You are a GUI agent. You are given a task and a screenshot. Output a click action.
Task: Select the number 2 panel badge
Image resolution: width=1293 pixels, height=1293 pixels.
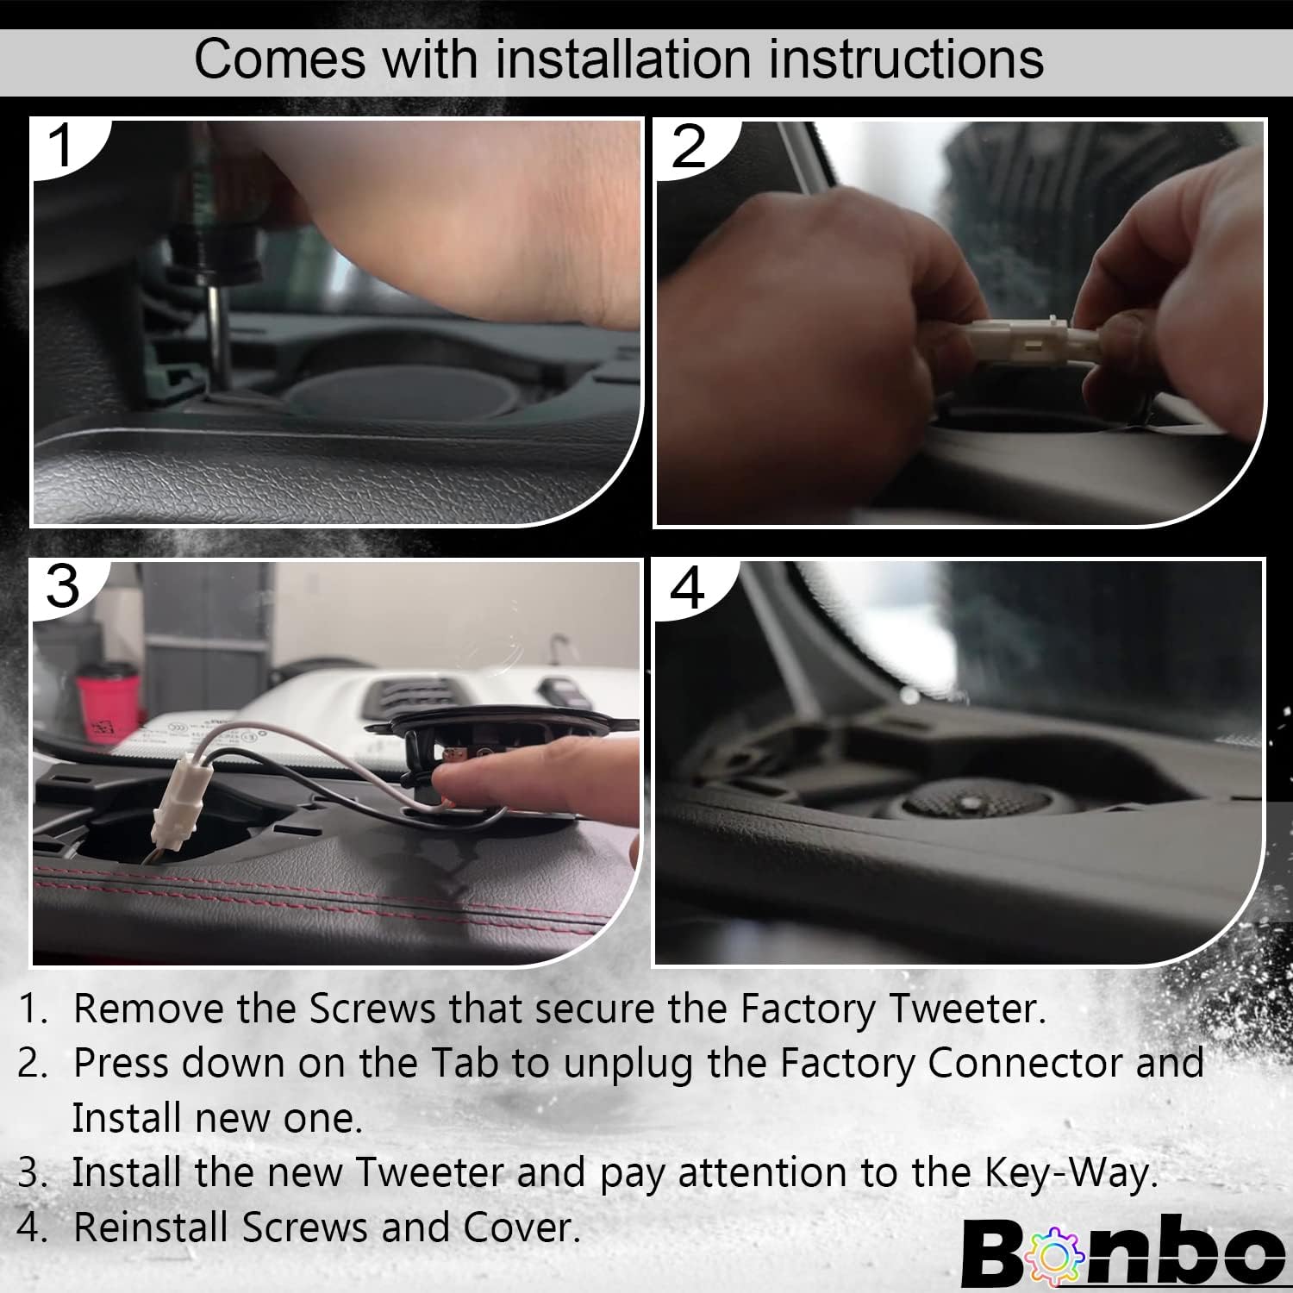tap(688, 147)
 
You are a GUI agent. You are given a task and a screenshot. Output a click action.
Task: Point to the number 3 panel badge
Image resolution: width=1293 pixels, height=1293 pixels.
tap(62, 586)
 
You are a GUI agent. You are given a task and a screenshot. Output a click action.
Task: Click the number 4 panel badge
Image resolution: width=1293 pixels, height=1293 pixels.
tap(687, 588)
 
